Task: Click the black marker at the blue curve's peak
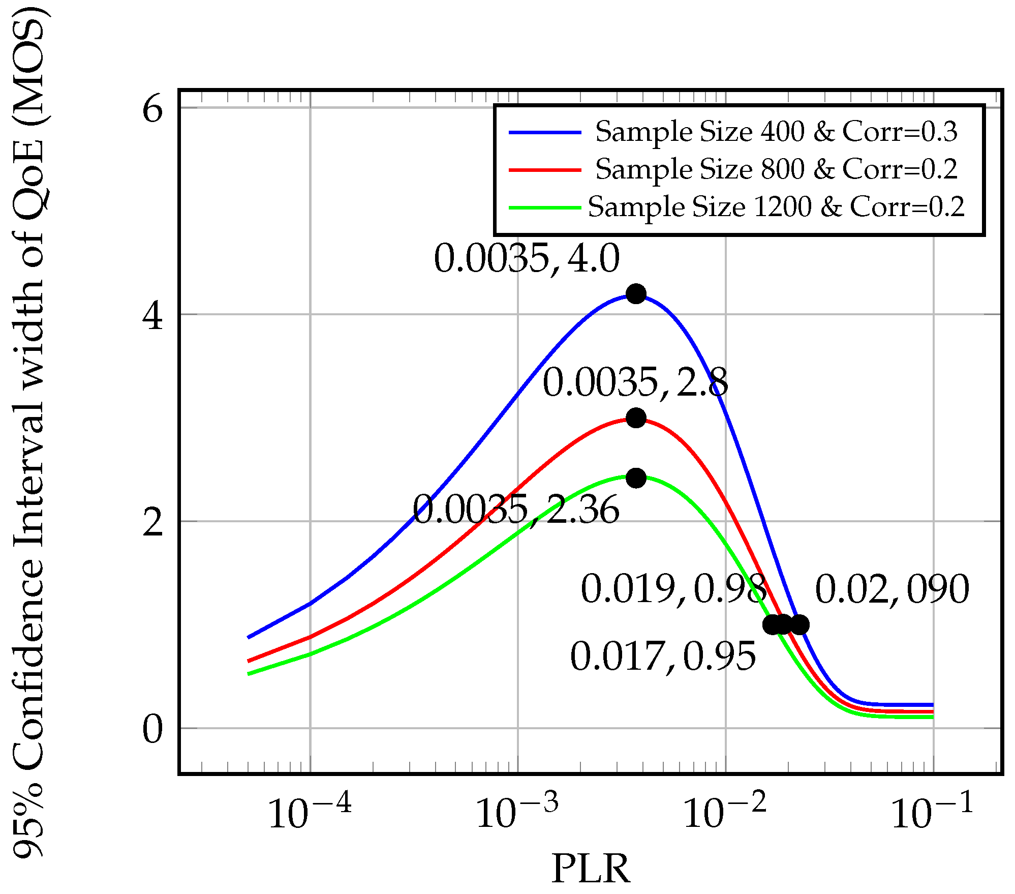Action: (636, 293)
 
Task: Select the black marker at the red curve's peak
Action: (636, 418)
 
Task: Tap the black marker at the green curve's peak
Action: (636, 478)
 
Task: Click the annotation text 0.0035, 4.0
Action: (527, 258)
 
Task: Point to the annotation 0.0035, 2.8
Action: (635, 382)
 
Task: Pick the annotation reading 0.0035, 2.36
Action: (516, 510)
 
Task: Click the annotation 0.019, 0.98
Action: (673, 589)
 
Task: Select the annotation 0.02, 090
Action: (892, 589)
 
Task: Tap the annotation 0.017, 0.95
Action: (663, 657)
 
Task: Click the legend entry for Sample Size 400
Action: (776, 132)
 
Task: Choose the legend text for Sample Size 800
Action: (776, 169)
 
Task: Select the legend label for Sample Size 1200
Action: (776, 206)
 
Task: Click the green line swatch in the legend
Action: (545, 207)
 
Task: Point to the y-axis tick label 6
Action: (152, 109)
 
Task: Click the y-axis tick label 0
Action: (152, 730)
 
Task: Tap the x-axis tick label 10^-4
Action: (309, 813)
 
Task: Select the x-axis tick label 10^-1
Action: (932, 813)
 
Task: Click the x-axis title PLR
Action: (591, 869)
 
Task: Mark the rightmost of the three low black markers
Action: (799, 624)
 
